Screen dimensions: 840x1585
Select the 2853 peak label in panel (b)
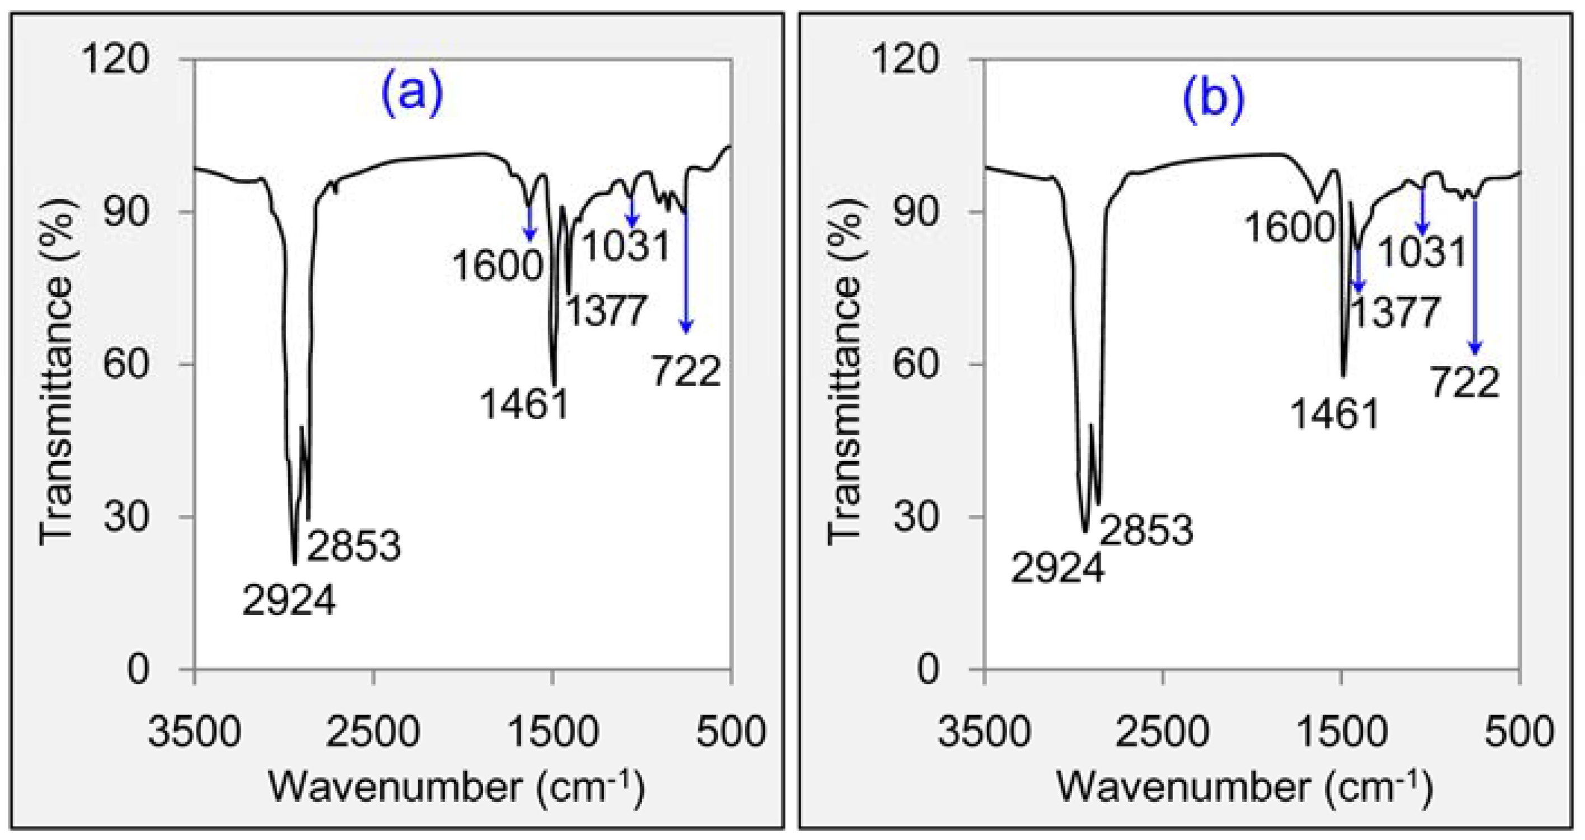click(x=1146, y=530)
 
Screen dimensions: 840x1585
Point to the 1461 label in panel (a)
click(x=523, y=405)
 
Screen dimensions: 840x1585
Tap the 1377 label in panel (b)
click(x=1395, y=312)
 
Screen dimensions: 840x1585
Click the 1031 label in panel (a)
click(x=626, y=246)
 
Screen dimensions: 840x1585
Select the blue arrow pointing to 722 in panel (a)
click(x=686, y=270)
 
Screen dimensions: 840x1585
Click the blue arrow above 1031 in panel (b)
click(x=1422, y=209)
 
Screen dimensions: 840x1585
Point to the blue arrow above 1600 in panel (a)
click(x=529, y=223)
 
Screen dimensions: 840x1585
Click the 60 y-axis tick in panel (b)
click(x=917, y=364)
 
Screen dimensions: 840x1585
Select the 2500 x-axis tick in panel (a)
click(x=373, y=733)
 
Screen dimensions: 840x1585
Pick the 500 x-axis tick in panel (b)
click(x=1518, y=733)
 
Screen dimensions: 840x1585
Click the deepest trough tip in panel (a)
click(x=294, y=562)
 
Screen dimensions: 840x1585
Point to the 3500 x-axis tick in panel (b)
click(x=984, y=733)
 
